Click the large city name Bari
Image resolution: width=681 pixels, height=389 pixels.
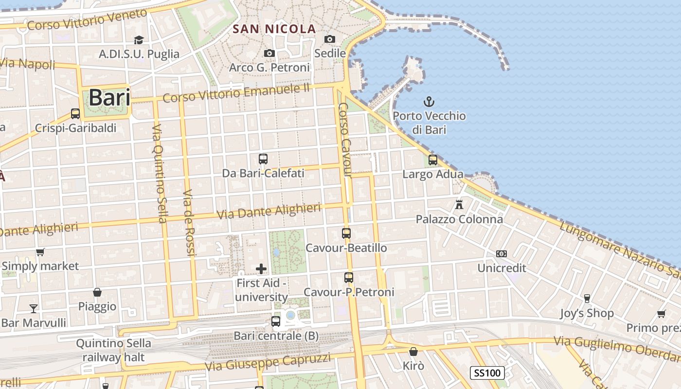coord(109,98)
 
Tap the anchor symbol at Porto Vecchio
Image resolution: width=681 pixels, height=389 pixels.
coord(429,102)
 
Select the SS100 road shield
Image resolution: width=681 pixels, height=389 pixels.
coord(487,373)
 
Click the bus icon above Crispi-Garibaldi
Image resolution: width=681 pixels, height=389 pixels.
coord(75,114)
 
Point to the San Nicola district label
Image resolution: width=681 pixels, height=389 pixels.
coord(274,29)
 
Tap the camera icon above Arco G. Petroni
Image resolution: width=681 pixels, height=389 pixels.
coord(269,53)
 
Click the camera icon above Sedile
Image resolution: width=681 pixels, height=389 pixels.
coord(330,39)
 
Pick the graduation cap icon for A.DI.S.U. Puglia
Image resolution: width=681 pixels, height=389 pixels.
coord(139,40)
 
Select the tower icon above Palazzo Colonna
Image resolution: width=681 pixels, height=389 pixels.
coord(459,204)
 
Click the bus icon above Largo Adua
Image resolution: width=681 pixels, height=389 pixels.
coord(433,159)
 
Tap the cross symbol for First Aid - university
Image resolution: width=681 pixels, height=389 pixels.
coord(261,268)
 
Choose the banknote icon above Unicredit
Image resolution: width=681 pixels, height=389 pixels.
coord(502,254)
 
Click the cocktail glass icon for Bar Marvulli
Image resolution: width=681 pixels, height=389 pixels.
coord(34,308)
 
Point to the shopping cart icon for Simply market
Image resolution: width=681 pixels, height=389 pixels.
coord(40,252)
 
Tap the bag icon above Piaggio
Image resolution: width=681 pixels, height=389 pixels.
coord(97,292)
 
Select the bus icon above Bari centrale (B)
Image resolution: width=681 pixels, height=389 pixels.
coord(276,321)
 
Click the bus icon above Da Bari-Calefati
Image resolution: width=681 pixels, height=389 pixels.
coord(263,159)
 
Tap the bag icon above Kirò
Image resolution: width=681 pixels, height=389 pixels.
coord(413,351)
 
